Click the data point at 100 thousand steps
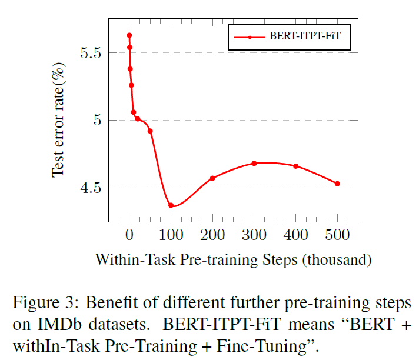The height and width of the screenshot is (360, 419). pos(171,205)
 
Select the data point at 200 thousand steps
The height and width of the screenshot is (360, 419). pos(212,178)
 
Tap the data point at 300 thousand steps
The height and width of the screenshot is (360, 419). pos(254,163)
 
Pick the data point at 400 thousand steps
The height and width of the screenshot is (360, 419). pos(295,166)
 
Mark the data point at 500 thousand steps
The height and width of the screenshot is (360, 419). pos(337,184)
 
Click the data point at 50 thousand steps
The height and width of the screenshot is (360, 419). pos(150,131)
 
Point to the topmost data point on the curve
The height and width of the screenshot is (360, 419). pos(129,35)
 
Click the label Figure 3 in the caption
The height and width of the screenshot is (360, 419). pos(39,304)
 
